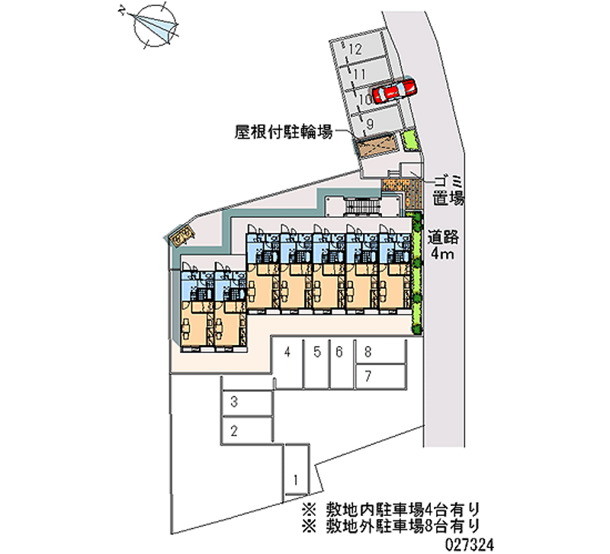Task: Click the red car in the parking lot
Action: click(x=395, y=90)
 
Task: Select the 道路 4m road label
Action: click(x=442, y=244)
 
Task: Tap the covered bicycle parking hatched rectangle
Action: click(x=377, y=145)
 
